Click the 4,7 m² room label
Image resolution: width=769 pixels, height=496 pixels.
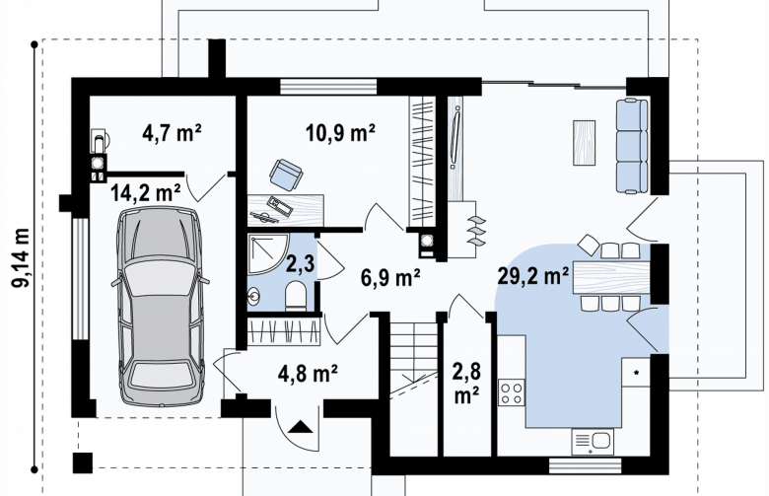(172, 132)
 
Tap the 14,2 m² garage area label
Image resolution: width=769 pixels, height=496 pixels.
(145, 192)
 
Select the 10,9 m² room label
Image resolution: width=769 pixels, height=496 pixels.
(340, 132)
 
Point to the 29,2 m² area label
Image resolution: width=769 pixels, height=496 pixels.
(532, 276)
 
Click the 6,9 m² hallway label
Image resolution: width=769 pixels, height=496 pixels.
(390, 278)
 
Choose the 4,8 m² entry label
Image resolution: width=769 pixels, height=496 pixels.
(308, 374)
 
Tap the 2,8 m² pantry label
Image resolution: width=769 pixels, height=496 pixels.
(466, 384)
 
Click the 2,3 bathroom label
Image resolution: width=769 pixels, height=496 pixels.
(300, 263)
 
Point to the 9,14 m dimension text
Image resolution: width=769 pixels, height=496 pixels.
(22, 257)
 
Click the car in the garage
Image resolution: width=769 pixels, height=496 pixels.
(161, 306)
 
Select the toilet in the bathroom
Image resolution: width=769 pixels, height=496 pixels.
(295, 296)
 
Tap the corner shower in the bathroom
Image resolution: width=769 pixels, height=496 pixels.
(267, 254)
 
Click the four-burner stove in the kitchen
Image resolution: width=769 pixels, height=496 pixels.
(511, 392)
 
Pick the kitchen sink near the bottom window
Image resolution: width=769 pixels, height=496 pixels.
(593, 441)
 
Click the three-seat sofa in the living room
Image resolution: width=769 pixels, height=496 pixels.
(632, 145)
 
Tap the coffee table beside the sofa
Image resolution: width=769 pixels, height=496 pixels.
(584, 143)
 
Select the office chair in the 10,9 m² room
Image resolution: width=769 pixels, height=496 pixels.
(286, 175)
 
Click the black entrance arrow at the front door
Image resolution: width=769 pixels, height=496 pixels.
(300, 427)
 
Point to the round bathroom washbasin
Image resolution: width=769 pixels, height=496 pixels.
(254, 296)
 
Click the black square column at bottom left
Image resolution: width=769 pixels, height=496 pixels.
(83, 462)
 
